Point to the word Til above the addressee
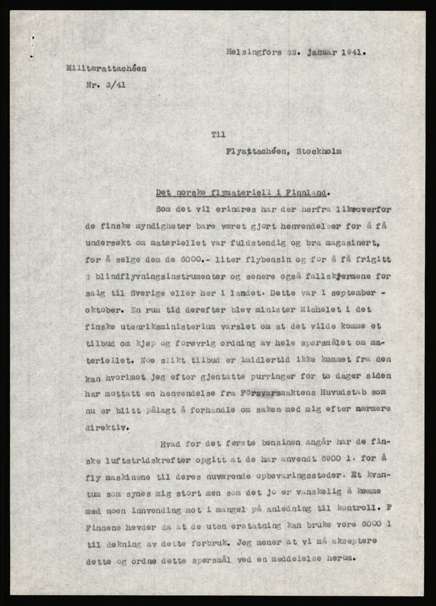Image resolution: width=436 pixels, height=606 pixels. click(218, 135)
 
